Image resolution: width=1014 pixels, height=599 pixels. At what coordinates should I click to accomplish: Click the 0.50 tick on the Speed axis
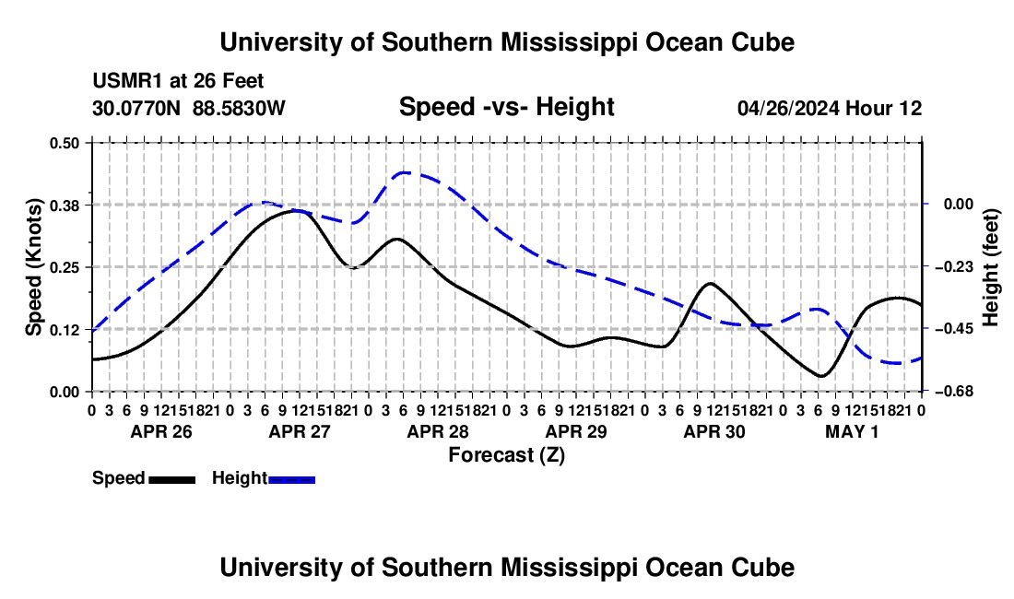coord(64,143)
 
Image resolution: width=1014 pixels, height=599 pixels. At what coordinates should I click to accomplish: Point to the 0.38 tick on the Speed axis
coord(64,206)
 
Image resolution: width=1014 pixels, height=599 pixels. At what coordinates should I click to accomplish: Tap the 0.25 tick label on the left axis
coord(64,267)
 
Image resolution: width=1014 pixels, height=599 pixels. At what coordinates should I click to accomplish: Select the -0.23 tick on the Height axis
coord(958,267)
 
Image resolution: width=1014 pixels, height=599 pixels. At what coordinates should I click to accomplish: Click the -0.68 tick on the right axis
coord(958,392)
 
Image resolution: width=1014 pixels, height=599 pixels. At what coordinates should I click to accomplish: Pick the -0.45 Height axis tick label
coord(958,329)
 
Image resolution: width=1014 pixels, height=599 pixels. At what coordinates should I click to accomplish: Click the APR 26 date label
coord(161,431)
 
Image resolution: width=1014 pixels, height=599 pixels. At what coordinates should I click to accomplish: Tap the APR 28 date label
coord(438,431)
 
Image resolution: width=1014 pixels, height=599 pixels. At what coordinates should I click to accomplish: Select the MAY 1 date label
coord(853,431)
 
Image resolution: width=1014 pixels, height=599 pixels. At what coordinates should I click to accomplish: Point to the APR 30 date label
coord(714,431)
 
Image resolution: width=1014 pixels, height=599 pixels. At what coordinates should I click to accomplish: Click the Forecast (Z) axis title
coord(507,455)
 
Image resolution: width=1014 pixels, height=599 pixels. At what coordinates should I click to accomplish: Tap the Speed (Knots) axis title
coord(33,267)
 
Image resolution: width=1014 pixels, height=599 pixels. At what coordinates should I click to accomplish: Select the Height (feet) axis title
coord(991,267)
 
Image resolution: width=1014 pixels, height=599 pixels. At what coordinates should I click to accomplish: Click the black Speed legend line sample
coord(172,480)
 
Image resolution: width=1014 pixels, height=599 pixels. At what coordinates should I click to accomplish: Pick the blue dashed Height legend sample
coord(291,480)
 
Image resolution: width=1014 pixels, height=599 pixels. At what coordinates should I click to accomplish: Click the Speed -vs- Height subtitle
coord(507,107)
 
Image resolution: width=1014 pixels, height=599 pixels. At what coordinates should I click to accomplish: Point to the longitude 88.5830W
coord(239,108)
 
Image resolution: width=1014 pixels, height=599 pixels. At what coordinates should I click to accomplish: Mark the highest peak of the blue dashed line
coord(404,172)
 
